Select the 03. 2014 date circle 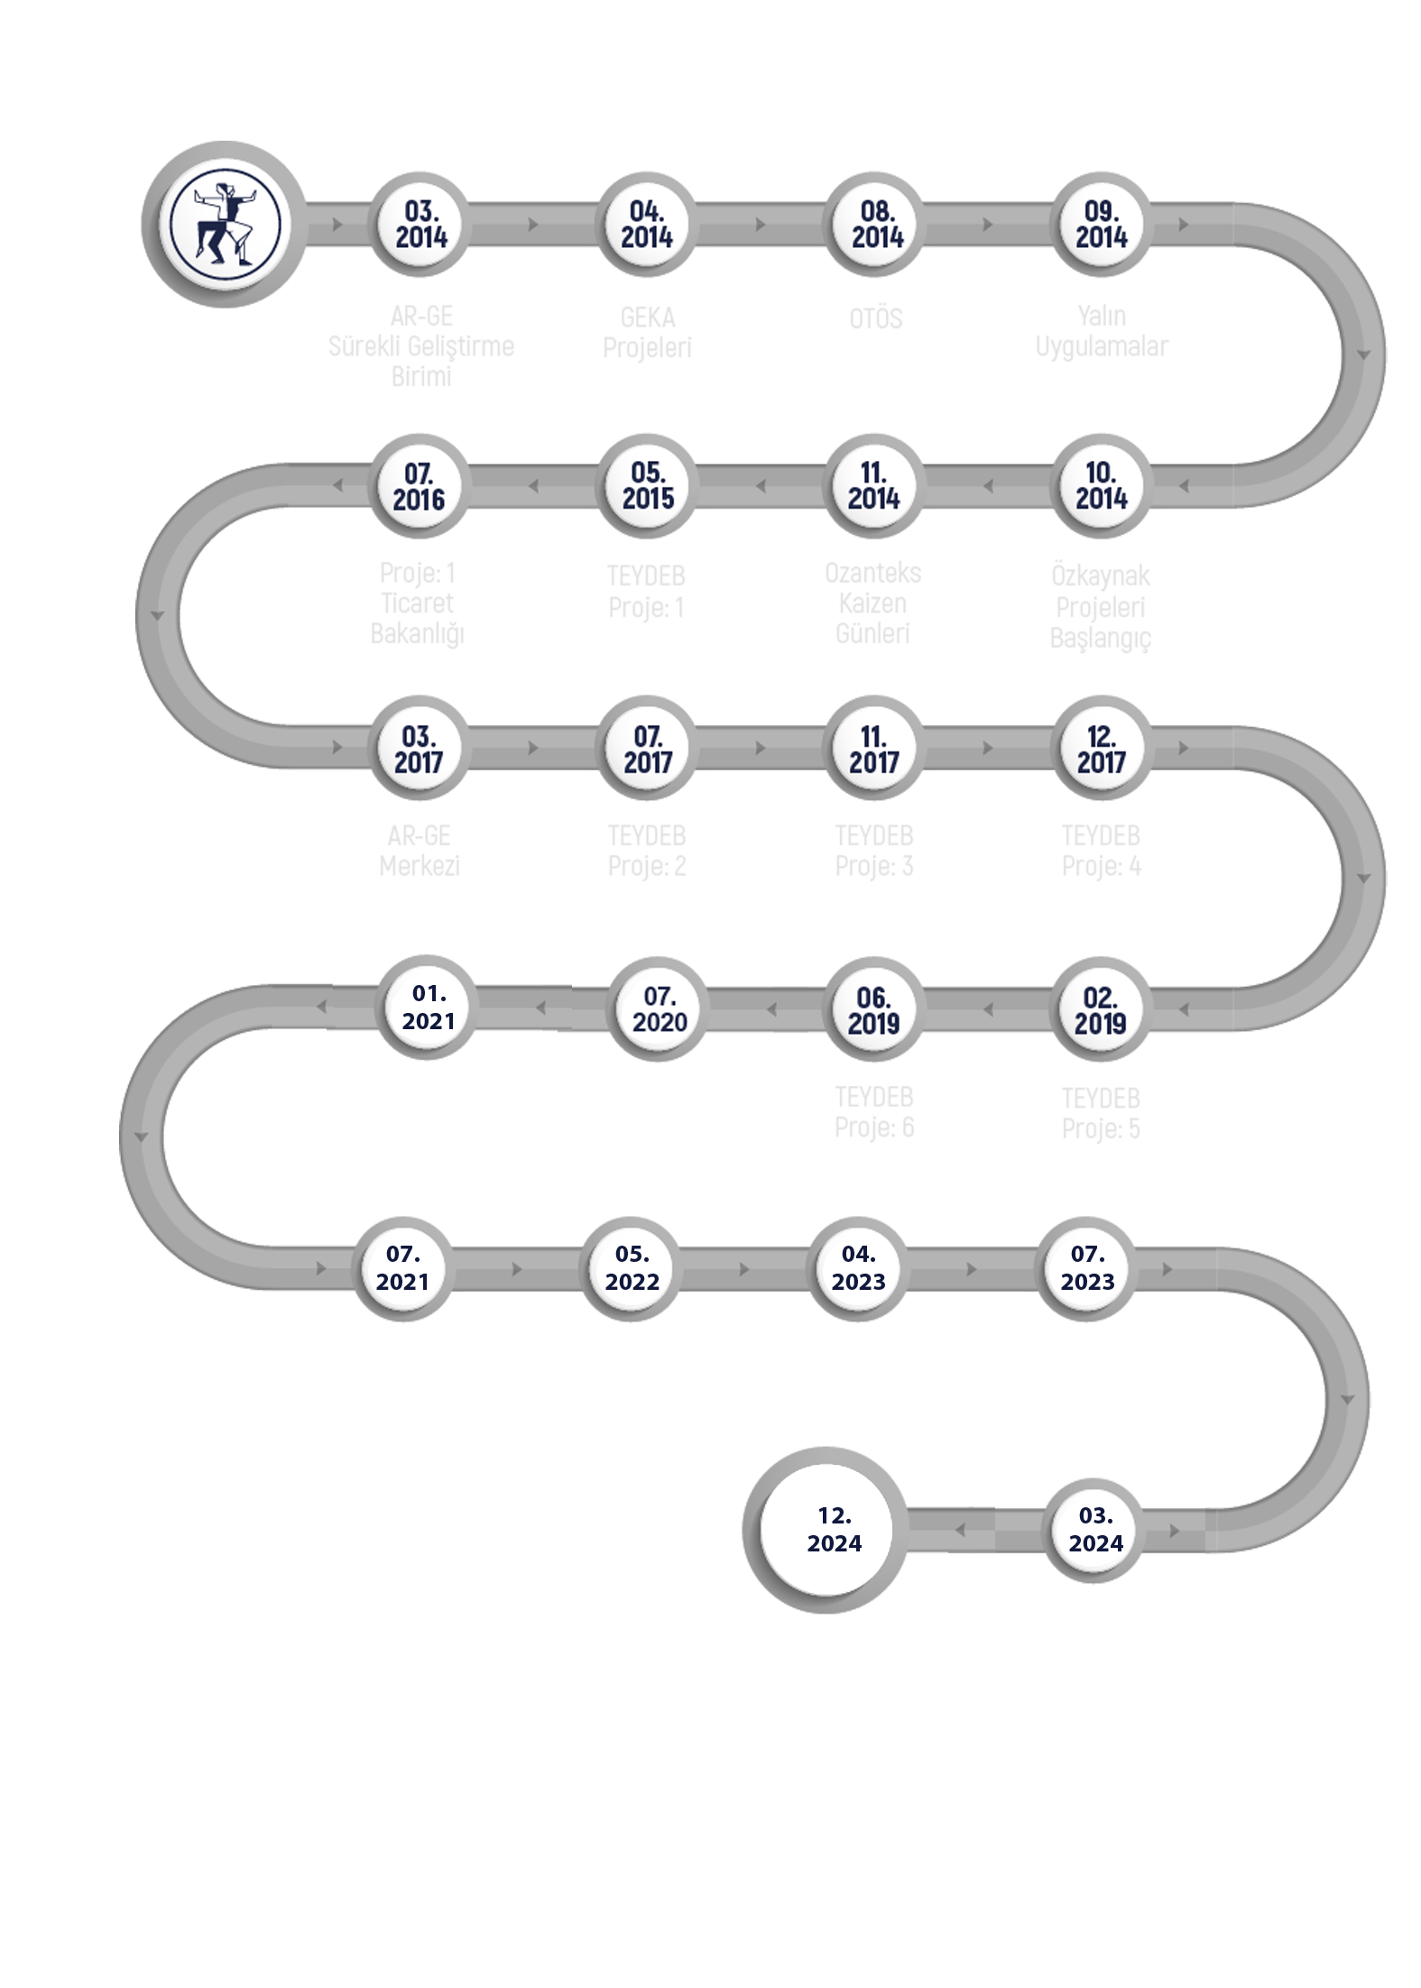pos(420,225)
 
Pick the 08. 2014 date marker pos(874,225)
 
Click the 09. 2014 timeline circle pos(1102,225)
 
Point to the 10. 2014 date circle pos(1102,486)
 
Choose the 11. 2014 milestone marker pos(874,486)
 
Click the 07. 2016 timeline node pos(420,486)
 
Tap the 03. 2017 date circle pos(420,749)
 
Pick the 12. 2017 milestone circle pos(1102,749)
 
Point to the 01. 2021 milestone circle pos(429,1008)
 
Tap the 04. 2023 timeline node pos(859,1268)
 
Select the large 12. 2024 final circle pos(835,1531)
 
